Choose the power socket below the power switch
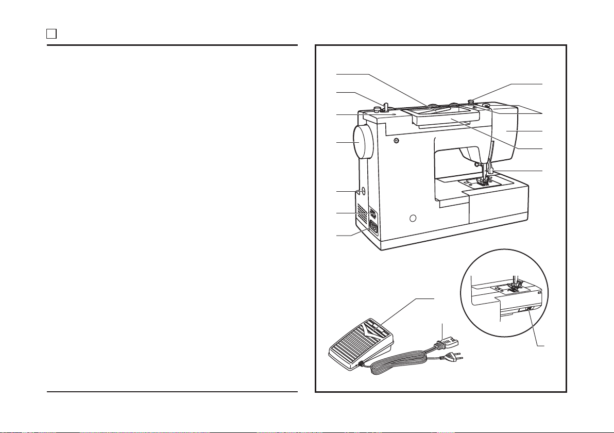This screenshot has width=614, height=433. click(x=373, y=226)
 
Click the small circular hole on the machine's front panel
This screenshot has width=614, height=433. click(x=413, y=219)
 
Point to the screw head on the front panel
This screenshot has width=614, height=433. click(x=395, y=140)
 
